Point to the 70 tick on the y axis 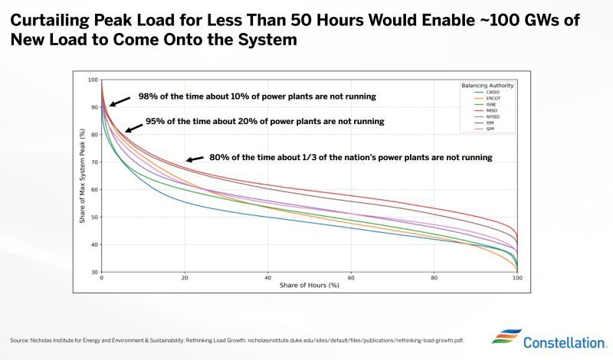[94, 162]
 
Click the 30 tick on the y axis [94, 273]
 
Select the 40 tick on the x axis [267, 279]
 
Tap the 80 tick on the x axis [434, 279]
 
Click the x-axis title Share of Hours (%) [310, 286]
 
